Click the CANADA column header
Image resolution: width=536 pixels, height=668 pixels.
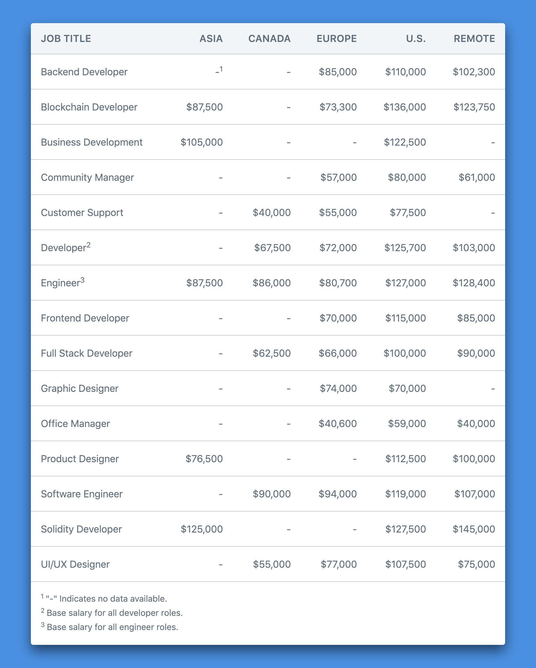(269, 39)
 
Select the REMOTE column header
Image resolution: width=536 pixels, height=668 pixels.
(474, 39)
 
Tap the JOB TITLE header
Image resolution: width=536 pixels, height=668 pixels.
(66, 39)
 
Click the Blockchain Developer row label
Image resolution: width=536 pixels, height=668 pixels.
(89, 107)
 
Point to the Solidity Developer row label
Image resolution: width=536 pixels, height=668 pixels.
(81, 529)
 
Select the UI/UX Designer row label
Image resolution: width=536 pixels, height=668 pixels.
(75, 564)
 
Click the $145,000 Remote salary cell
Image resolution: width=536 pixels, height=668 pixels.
(474, 529)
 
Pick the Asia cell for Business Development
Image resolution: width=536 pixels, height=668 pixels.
(202, 142)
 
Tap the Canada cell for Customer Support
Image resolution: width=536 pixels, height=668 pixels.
(272, 213)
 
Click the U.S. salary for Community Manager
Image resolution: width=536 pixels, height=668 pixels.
(407, 177)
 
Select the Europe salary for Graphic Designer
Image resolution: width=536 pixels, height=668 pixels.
(338, 388)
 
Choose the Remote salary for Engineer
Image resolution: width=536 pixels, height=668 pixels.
(474, 283)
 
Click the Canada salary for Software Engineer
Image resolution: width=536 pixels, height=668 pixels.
(272, 494)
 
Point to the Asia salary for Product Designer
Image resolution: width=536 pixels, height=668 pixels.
(204, 458)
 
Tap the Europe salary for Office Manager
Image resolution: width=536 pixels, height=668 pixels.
(337, 424)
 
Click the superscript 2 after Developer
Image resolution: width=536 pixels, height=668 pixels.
(88, 245)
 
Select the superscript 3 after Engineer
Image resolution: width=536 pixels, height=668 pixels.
(82, 280)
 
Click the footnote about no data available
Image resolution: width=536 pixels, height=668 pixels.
(105, 599)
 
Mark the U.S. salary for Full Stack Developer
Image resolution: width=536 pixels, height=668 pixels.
(404, 353)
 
